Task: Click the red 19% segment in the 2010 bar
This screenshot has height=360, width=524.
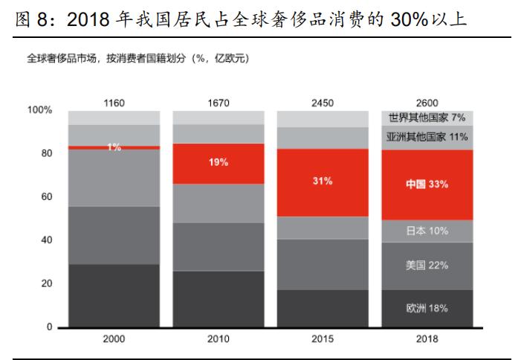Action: pos(218,163)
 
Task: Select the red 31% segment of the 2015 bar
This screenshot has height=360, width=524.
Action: pos(323,181)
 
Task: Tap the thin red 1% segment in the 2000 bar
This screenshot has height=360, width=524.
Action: pos(114,147)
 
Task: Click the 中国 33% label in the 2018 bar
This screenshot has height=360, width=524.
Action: pos(427,184)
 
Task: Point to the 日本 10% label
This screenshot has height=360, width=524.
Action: pos(427,231)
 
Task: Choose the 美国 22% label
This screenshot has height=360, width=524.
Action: pos(427,265)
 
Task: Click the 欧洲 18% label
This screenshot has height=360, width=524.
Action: pos(427,308)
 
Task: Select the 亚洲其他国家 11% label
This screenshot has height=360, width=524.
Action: pos(427,137)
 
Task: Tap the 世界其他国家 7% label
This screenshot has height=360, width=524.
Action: pos(427,118)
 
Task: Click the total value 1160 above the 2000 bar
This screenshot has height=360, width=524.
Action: pos(114,102)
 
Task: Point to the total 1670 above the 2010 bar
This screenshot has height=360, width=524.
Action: pos(218,102)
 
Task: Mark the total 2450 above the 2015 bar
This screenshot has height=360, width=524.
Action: pos(323,102)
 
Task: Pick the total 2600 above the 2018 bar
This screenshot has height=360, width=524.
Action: pos(427,102)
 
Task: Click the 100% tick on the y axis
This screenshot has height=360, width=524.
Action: pos(39,110)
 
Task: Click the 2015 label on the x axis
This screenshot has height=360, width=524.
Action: pos(323,339)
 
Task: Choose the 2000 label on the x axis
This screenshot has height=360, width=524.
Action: pos(114,339)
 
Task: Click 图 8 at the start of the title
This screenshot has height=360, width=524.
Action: pos(34,19)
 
